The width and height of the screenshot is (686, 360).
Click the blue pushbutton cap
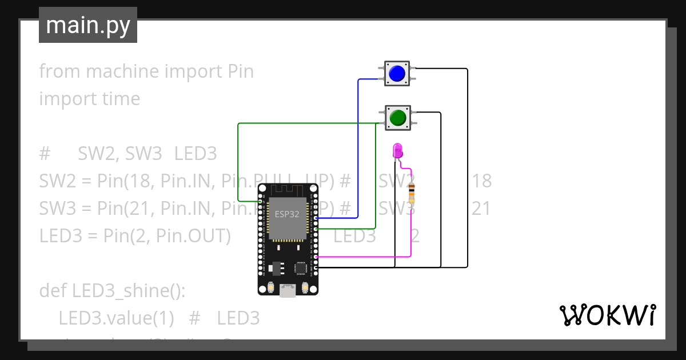coord(397,74)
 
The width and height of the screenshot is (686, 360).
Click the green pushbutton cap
coord(397,118)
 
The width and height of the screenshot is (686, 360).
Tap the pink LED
coord(398,151)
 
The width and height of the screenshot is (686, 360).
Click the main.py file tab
coord(88,25)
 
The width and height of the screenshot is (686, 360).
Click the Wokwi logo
coord(607,315)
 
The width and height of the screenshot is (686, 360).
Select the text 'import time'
coord(90,99)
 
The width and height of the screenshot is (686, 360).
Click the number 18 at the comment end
coord(481,181)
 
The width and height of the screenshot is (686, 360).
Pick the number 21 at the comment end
coord(481,209)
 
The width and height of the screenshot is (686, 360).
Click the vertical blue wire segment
coord(358,149)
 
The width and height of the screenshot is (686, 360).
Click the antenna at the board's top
coord(288,190)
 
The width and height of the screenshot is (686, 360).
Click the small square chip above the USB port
coord(300,267)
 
